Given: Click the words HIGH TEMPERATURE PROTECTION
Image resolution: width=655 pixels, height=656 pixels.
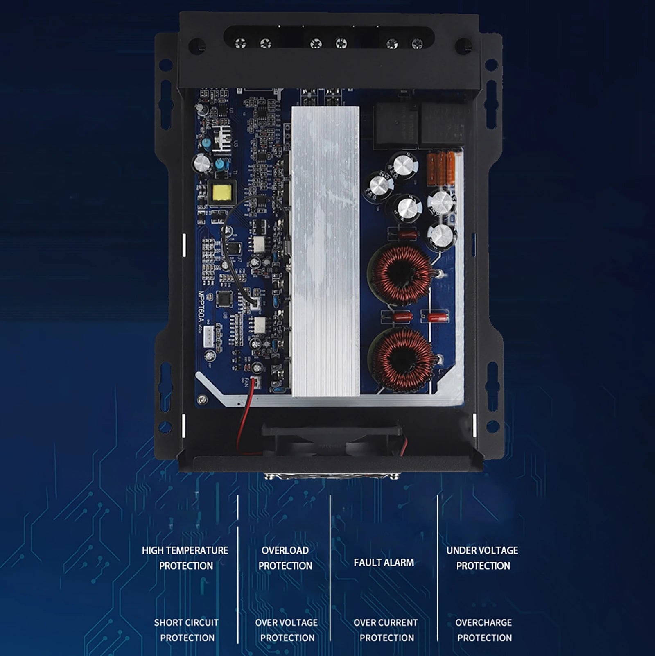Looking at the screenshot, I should point(185,558).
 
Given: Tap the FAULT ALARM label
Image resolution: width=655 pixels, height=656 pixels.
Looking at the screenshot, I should point(384,562).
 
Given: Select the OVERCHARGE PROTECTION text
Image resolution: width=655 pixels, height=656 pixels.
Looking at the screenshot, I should point(484,630).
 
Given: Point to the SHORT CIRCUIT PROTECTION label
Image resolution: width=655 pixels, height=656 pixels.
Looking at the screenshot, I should point(187,630).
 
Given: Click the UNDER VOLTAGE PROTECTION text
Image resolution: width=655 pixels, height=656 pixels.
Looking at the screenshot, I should point(483,558).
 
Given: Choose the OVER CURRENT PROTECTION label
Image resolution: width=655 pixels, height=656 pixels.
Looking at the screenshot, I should point(386,630).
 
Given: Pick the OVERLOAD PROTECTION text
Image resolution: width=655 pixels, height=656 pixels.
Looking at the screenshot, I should point(285,558).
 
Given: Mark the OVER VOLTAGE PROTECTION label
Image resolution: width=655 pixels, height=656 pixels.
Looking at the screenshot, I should point(287,630).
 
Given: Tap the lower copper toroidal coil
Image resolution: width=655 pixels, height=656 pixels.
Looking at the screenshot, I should point(401,359).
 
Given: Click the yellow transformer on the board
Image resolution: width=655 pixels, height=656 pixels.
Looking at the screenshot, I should point(222,192).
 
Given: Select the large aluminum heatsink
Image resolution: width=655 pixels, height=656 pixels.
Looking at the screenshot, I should point(325,251).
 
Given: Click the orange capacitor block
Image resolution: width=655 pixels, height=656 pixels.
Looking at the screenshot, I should point(441,168).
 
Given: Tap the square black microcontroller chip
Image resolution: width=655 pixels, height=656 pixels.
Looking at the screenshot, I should point(224,299).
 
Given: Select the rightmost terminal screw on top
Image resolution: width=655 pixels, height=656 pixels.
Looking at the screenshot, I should point(417,43).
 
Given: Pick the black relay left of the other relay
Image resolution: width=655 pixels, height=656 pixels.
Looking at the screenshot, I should point(395,124).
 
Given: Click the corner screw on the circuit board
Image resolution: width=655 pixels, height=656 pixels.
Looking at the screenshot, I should point(201,400).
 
